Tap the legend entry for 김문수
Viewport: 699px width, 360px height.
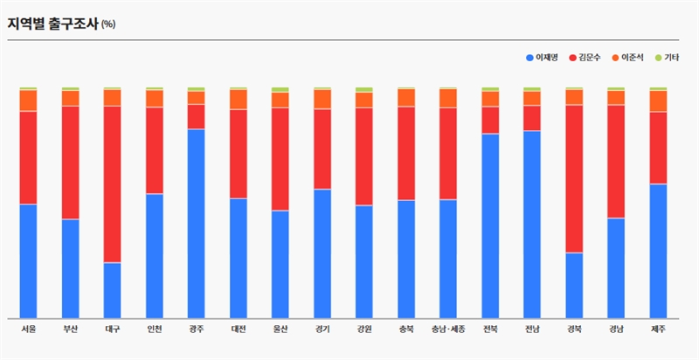click(589, 58)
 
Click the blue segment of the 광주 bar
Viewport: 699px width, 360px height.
click(196, 223)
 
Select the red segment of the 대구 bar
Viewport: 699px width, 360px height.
click(112, 183)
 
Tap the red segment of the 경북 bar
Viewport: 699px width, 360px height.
click(574, 178)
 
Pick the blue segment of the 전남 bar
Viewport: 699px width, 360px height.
click(532, 224)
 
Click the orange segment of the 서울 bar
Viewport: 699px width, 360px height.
click(28, 100)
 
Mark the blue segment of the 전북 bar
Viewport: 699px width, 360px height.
click(490, 225)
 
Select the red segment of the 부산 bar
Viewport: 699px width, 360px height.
click(70, 163)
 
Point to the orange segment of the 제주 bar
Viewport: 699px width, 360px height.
click(658, 100)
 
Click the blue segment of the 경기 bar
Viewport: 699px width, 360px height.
click(322, 253)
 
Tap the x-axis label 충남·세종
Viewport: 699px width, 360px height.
click(448, 329)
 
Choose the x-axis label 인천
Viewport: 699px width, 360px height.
click(154, 329)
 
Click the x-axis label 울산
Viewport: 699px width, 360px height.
click(280, 329)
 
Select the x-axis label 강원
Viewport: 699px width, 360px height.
click(364, 329)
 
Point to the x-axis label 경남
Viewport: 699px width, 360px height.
click(616, 329)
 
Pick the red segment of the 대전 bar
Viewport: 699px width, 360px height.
click(238, 154)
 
